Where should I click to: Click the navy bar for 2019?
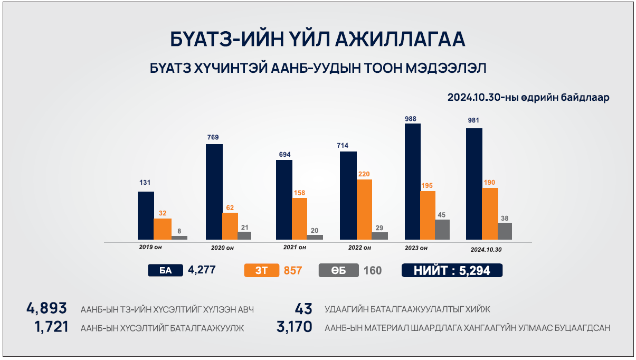[x=146, y=215]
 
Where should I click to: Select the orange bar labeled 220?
[x=364, y=210]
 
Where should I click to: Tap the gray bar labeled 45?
[x=442, y=230]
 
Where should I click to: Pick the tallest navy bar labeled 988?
[x=413, y=182]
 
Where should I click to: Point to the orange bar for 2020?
[x=230, y=226]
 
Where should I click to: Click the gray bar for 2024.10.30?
[x=505, y=231]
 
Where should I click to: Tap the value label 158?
[x=299, y=193]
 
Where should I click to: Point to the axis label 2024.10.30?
[x=486, y=249]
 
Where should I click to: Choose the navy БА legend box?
[x=166, y=271]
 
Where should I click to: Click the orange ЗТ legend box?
[x=261, y=271]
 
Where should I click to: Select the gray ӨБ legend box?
[x=339, y=271]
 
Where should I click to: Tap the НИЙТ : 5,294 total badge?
[x=452, y=271]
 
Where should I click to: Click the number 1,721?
[x=52, y=327]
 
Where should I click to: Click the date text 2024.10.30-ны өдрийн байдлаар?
[x=528, y=98]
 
